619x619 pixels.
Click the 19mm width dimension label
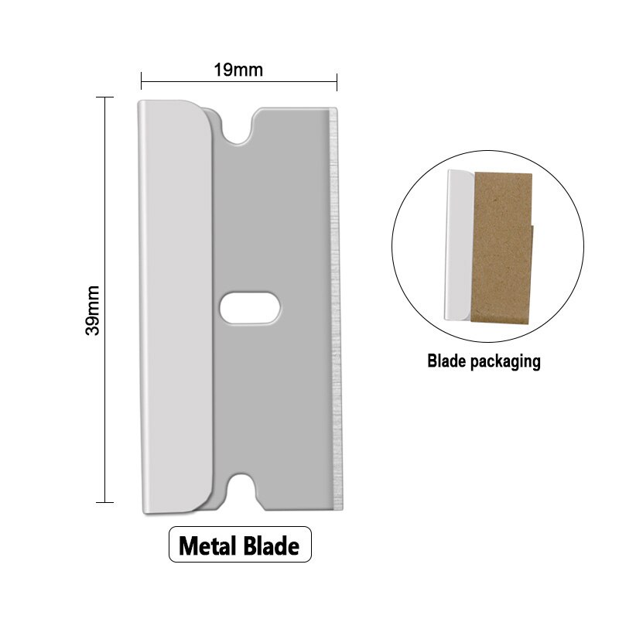point(238,70)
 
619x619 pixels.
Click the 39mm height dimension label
point(93,309)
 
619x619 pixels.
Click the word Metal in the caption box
point(211,546)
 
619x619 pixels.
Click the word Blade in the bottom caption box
point(272,546)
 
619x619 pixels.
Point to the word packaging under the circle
point(501,361)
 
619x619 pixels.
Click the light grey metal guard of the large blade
point(174,309)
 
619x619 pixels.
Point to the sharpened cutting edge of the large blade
point(334,309)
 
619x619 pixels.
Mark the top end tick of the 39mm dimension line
point(104,97)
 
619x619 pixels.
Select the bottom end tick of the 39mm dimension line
point(104,503)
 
